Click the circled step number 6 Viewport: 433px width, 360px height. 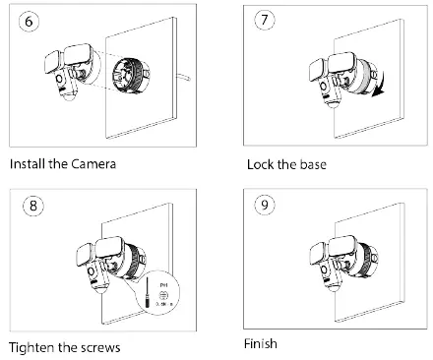(x=29, y=21)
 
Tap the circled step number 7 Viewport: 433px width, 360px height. (x=264, y=21)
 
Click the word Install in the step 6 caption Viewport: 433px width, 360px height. (x=28, y=162)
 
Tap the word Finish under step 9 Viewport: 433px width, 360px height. (x=261, y=344)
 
